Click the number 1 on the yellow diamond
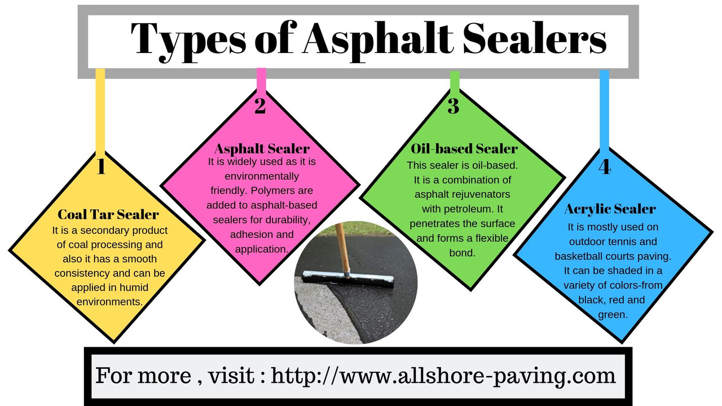pos(101,166)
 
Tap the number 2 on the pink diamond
pos(260,105)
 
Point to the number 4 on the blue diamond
pos(605,167)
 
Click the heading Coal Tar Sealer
pos(108,214)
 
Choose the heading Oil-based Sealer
pos(464,148)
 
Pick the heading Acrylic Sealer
pos(610,209)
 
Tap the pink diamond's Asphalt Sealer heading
pos(262,149)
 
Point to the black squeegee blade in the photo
pos(348,279)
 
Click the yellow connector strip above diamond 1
pos(100,110)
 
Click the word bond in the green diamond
pos(462,253)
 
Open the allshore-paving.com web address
pos(443,376)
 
